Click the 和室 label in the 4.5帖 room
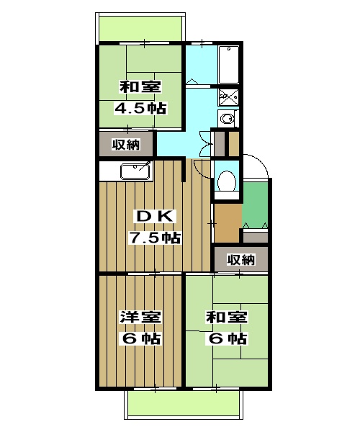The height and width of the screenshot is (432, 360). coord(141,87)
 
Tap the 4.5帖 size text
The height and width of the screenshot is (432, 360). coord(141,109)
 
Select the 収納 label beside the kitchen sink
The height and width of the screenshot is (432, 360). coord(125,145)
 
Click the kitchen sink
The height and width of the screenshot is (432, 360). coord(135,171)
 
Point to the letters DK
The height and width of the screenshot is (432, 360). coord(155,215)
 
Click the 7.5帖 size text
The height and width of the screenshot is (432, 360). coord(155,238)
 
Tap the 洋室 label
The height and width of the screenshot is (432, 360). coord(140,317)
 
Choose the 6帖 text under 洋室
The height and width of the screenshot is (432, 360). coord(140,338)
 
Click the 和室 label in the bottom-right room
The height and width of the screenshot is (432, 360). coord(228,317)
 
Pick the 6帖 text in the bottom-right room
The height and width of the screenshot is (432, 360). coord(228,338)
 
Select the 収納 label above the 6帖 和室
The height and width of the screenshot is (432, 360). coord(240,259)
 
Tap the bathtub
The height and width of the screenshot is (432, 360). coord(229,65)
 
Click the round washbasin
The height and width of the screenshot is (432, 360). coord(228,119)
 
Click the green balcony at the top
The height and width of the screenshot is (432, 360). coord(140,28)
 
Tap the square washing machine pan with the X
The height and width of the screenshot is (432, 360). coord(228,96)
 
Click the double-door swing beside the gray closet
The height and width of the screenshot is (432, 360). coord(204,147)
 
